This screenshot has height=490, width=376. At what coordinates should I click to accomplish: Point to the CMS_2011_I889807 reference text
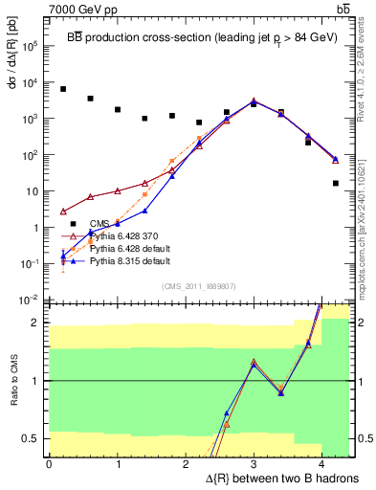[198, 285]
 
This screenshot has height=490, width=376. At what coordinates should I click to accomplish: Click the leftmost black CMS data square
[63, 89]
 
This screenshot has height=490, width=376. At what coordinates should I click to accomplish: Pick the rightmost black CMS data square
[336, 183]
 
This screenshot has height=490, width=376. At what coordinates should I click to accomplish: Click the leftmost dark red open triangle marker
[63, 212]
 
